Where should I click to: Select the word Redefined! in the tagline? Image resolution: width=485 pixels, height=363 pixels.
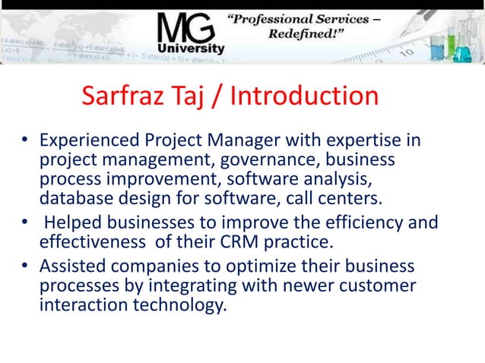coord(301,36)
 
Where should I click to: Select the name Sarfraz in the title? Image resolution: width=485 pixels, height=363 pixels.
coord(120,96)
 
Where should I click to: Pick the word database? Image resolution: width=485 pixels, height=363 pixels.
coord(73,199)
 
